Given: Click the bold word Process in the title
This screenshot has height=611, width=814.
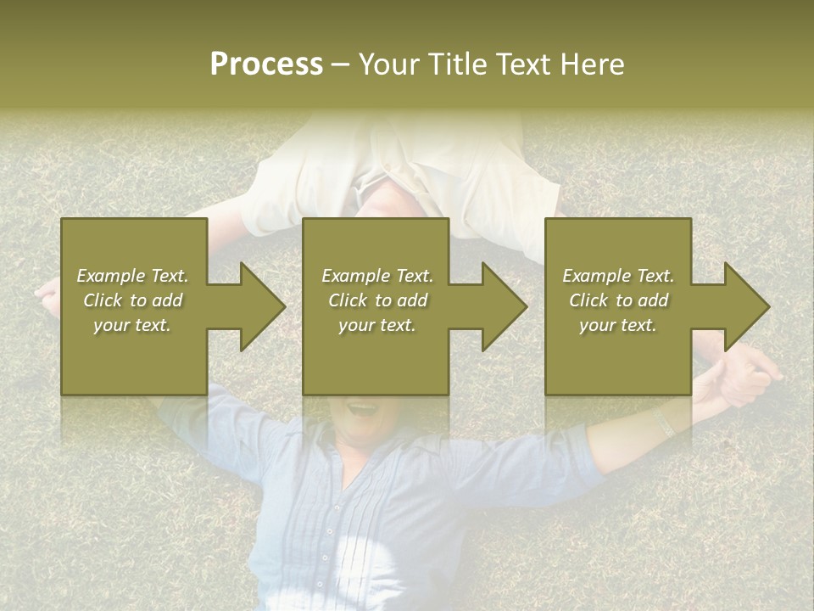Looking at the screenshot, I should point(266,64).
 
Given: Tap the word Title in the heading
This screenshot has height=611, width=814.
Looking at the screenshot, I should point(455,64).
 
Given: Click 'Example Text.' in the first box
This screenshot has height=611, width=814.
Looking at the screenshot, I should point(132,276).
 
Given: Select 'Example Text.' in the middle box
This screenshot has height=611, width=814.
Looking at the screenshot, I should point(376,276).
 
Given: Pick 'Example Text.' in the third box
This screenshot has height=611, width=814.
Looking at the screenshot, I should point(618,276).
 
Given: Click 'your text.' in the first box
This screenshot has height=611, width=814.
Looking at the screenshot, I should point(132,325).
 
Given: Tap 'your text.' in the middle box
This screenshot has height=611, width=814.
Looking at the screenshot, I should point(376,325).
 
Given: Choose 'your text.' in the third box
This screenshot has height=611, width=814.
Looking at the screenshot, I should point(618,325).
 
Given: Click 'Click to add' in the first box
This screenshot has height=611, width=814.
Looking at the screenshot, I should point(132,300).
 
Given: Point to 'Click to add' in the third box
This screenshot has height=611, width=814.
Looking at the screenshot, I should point(618,300).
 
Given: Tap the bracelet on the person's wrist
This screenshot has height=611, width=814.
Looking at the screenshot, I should point(664,422).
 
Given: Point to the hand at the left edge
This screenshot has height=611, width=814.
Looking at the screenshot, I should point(47,294).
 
